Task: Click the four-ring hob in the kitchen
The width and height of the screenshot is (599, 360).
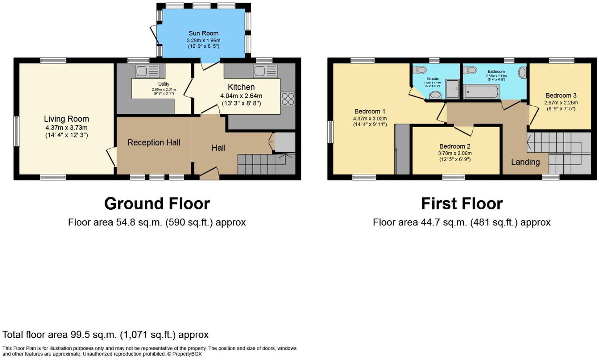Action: [288, 99]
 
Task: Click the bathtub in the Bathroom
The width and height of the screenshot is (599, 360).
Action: [481, 92]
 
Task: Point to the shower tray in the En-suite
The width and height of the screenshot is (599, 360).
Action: [453, 89]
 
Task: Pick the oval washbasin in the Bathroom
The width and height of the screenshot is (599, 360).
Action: [522, 72]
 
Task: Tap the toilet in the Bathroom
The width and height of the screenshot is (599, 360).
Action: [470, 70]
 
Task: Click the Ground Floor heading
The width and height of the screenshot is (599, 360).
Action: [157, 203]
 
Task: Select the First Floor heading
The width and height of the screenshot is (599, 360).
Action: [462, 203]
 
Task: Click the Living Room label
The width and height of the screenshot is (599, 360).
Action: [67, 119]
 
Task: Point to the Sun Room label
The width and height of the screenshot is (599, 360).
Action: [203, 33]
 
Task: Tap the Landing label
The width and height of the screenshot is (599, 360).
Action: [525, 162]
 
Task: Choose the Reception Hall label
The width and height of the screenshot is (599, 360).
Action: [154, 143]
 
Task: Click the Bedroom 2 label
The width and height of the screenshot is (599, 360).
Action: [455, 146]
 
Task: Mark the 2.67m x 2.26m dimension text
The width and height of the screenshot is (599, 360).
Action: [561, 103]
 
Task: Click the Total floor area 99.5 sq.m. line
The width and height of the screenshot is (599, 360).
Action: [106, 335]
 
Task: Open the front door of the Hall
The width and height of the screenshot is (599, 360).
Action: [209, 174]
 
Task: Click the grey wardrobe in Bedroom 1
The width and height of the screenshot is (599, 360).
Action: [402, 149]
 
